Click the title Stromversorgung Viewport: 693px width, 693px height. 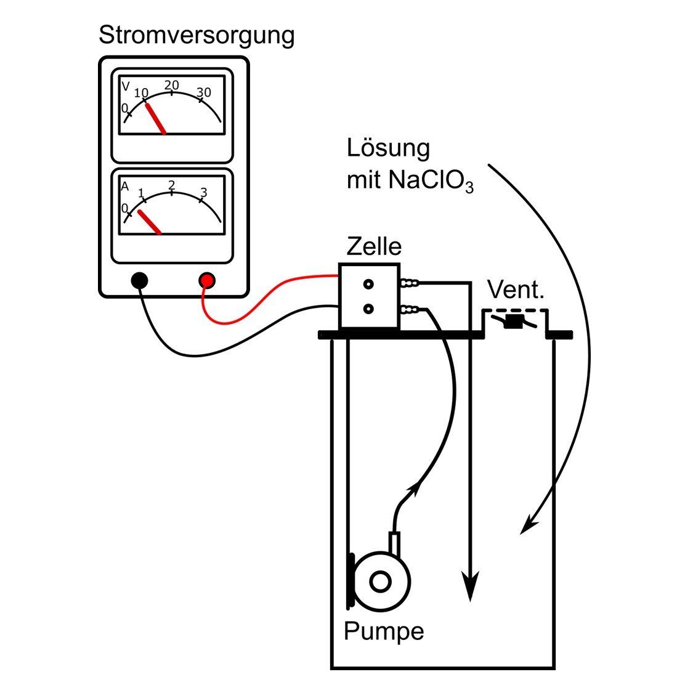pyautogui.click(x=196, y=35)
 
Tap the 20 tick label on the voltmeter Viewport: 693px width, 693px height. pyautogui.click(x=172, y=84)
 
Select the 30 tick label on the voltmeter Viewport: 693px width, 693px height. pyautogui.click(x=204, y=92)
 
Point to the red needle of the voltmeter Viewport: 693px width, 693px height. pyautogui.click(x=156, y=118)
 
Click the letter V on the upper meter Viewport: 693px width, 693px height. pyautogui.click(x=126, y=86)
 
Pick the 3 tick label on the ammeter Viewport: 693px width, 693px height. pyautogui.click(x=204, y=193)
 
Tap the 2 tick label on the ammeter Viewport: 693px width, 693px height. pyautogui.click(x=172, y=185)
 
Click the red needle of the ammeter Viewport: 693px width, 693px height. pyautogui.click(x=150, y=222)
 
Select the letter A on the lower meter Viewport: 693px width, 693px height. pyautogui.click(x=125, y=186)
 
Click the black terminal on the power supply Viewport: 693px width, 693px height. pyautogui.click(x=140, y=281)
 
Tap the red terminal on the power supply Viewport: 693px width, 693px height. pyautogui.click(x=207, y=281)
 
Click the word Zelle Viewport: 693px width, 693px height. pyautogui.click(x=374, y=246)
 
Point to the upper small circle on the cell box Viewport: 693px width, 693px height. pyautogui.click(x=368, y=284)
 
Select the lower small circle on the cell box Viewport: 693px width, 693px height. pyautogui.click(x=368, y=309)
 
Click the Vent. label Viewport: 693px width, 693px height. pyautogui.click(x=516, y=290)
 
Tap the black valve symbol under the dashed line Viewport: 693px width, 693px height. pyautogui.click(x=513, y=322)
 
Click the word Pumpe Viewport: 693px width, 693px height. pyautogui.click(x=384, y=631)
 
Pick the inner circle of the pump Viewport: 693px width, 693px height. pyautogui.click(x=380, y=581)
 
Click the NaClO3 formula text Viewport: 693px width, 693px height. pyautogui.click(x=431, y=181)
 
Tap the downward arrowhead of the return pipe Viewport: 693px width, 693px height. pyautogui.click(x=471, y=588)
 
